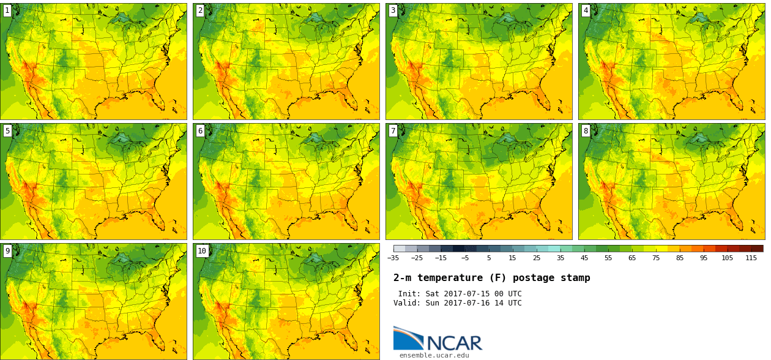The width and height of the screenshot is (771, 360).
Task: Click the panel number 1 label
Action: coord(7,10)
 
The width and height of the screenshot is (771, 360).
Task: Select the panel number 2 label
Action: coord(200,10)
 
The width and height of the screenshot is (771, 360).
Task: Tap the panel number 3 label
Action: coord(393,10)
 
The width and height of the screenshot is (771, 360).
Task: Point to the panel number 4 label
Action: coord(586,10)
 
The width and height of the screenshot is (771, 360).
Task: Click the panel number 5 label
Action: coord(7,130)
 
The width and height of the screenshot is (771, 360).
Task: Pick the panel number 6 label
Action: coord(200,130)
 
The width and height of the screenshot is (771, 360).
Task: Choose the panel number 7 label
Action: coord(393,130)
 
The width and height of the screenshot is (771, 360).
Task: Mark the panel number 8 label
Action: coord(586,130)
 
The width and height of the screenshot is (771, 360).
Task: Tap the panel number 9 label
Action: coord(7,250)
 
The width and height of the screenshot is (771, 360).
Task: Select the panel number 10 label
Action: coord(202,250)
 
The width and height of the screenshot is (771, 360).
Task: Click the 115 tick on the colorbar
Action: coord(751,258)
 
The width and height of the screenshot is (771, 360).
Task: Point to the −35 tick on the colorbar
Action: coord(393,258)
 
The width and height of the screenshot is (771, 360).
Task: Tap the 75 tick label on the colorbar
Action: coord(656,258)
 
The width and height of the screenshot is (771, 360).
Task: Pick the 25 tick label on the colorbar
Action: coord(537,258)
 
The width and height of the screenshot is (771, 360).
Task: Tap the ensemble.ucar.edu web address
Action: coord(434,355)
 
